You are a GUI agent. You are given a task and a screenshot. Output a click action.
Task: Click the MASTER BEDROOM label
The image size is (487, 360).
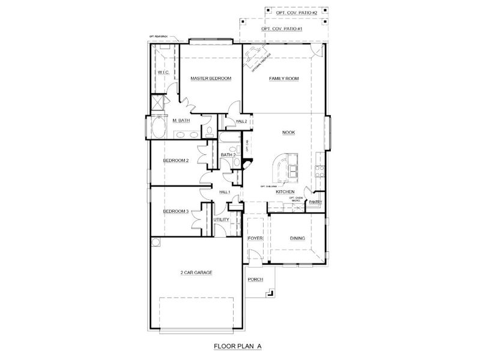click(x=211, y=79)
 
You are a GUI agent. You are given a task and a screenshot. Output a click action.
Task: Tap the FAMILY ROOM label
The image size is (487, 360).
click(x=283, y=79)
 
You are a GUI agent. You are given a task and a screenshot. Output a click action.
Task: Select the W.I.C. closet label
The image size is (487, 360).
click(x=164, y=73)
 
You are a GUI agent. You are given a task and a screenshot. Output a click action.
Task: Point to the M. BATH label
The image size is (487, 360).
click(x=181, y=121)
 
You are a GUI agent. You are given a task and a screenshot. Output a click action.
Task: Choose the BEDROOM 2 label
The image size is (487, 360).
click(x=177, y=160)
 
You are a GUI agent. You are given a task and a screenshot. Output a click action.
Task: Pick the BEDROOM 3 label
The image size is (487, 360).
click(x=177, y=211)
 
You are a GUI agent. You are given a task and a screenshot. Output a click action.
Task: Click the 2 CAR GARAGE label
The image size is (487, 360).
click(x=196, y=272)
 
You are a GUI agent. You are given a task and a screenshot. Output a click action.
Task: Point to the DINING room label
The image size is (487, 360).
click(x=298, y=239)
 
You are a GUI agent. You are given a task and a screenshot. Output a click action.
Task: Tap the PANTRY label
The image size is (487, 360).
click(x=316, y=202)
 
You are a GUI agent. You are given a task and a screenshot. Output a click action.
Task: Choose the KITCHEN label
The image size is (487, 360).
click(x=285, y=191)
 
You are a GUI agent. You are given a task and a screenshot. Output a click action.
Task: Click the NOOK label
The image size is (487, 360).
click(x=289, y=133)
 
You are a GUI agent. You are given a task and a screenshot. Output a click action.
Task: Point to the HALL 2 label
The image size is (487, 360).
click(x=241, y=121)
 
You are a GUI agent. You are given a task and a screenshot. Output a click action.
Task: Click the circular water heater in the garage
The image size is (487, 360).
click(x=156, y=242)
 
